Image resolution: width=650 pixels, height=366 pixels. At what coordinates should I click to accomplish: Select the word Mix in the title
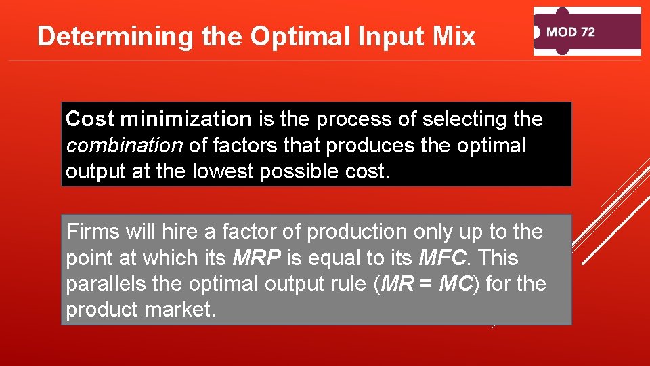454,36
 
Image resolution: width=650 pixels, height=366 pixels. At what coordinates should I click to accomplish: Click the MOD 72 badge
587,32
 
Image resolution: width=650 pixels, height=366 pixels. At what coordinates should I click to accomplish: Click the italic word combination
124,146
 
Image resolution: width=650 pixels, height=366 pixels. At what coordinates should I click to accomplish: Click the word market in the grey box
192,310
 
